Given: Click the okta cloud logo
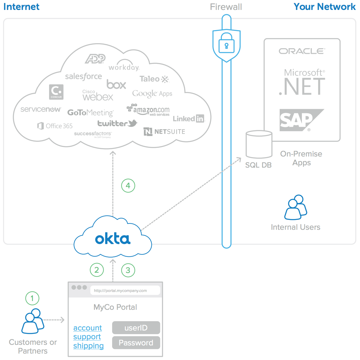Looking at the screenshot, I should point(113,239).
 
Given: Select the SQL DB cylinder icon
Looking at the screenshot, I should point(259,145).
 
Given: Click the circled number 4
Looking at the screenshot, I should point(128,185).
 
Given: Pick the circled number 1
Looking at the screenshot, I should point(32,298).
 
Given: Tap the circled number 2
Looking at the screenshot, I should point(97,270).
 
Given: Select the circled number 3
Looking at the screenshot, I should point(128,270).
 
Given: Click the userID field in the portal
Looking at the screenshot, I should point(136,328).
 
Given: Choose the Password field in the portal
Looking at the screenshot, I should point(136,343).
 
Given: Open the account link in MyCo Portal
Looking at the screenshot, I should point(88,328).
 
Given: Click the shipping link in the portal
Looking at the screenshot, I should point(88,346).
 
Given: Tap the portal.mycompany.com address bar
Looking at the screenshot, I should point(125,291).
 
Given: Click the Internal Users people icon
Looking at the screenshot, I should point(296,207).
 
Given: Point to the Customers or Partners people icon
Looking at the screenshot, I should point(33,321).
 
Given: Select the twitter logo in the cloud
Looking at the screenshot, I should point(117,123).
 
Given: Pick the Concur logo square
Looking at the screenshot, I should point(56,92).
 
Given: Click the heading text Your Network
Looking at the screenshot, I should point(324,7).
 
